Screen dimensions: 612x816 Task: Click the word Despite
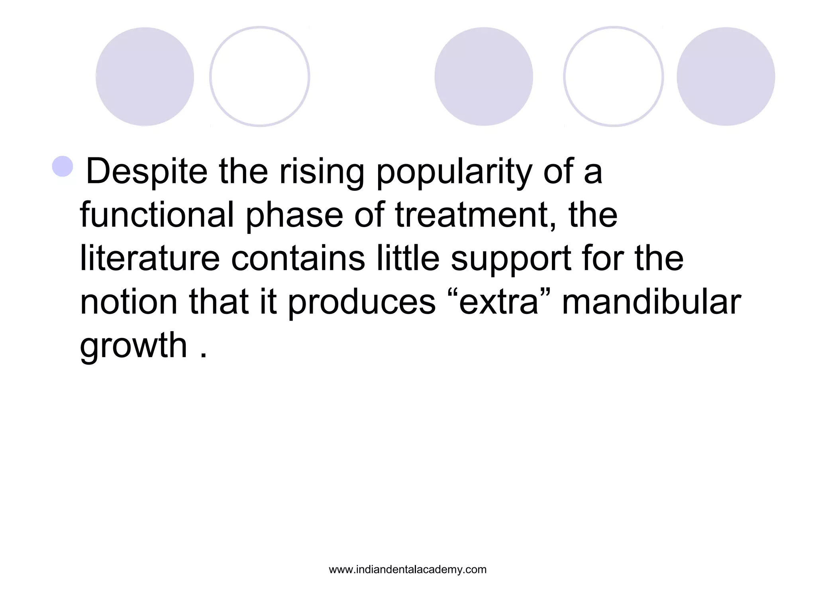[147, 172]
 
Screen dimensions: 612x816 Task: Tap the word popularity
[454, 172]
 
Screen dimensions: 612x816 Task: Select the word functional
[157, 215]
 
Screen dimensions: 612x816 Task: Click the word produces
[362, 303]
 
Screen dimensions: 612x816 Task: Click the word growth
[133, 345]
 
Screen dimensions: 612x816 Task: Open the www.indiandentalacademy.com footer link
[408, 570]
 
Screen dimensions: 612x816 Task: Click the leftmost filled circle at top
[145, 76]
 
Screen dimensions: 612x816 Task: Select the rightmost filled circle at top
[726, 76]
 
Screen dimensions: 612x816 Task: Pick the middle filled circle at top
[483, 76]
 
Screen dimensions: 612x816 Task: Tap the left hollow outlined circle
[259, 76]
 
